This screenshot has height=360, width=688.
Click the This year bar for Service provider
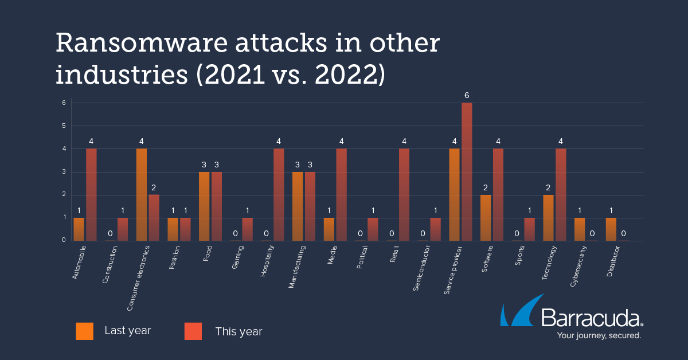click(x=467, y=172)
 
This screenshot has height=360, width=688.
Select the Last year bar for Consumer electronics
click(x=142, y=195)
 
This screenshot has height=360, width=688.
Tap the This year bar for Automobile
click(x=91, y=195)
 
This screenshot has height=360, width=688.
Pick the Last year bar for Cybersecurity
click(x=580, y=229)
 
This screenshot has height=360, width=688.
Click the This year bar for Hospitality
click(x=279, y=195)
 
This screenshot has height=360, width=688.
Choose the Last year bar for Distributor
click(x=611, y=229)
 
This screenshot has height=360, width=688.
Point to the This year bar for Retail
click(x=404, y=195)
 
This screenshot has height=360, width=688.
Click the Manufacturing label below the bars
click(x=298, y=267)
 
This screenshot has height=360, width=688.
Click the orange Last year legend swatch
click(x=84, y=331)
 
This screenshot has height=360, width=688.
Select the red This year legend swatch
click(x=193, y=331)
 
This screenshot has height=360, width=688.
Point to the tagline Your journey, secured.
click(x=591, y=335)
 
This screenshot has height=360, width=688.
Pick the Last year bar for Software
click(x=486, y=218)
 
